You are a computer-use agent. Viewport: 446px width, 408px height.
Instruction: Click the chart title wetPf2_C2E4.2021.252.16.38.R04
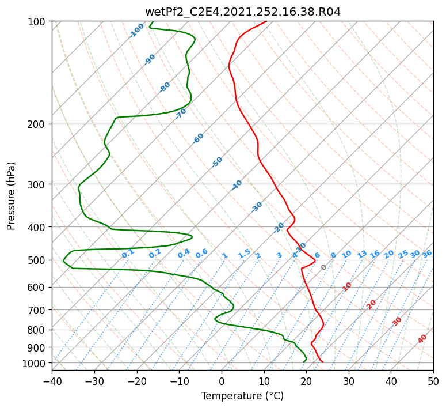pos(243,12)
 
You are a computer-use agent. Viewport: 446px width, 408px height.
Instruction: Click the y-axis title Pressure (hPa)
pos(11,196)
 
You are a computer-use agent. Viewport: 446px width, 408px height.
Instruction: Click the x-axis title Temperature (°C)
pos(243,396)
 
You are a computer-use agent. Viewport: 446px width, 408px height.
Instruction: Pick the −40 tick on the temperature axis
pos(52,381)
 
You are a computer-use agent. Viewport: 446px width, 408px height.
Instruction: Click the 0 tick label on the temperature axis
pos(222,381)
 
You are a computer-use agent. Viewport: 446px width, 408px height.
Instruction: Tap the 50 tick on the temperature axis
pos(433,381)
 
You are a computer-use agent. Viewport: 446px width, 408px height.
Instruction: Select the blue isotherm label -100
pos(136,31)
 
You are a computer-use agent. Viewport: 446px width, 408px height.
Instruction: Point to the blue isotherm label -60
pos(198,138)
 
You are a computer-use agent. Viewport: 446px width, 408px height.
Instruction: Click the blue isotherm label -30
pos(257,207)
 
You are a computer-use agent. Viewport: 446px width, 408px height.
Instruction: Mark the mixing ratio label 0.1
pos(128,254)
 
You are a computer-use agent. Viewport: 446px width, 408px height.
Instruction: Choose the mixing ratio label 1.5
pos(245,254)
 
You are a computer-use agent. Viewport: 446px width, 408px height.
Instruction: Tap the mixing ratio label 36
pos(427,254)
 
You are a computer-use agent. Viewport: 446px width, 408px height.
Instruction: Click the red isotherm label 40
pos(422,339)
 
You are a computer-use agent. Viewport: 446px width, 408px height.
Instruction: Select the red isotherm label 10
pos(347,286)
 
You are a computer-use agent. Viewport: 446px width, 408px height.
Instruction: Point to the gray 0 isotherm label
pos(323,267)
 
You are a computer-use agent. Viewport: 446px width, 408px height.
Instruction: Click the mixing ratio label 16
pos(375,254)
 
